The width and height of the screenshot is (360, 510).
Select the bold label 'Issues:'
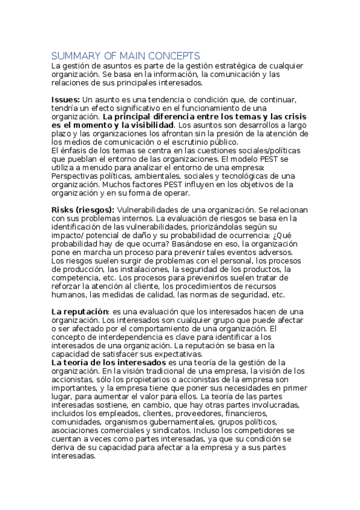coord(66,99)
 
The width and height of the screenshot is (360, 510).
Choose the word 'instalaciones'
coord(130,269)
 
